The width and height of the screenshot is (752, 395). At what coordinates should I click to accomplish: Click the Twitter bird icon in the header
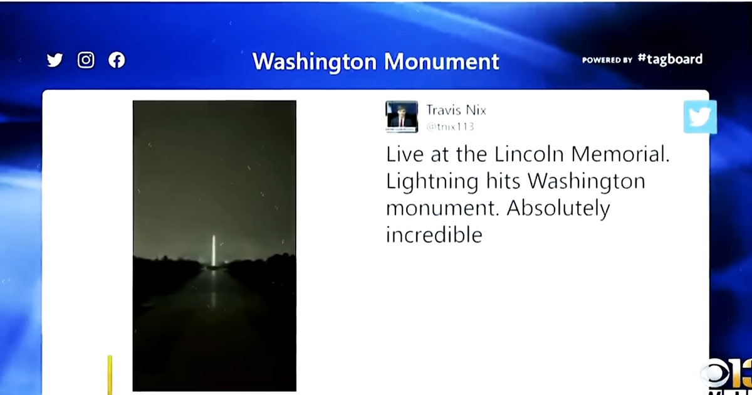coord(55,60)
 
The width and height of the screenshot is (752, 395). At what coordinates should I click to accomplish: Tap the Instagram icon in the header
coord(86,60)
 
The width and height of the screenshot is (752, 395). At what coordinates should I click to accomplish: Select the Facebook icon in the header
coord(117,60)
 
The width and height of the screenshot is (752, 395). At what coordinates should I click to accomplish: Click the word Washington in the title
coord(314,62)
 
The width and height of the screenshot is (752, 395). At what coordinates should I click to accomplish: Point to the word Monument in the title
coord(442,61)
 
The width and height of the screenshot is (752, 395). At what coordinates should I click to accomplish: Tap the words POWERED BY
coord(607,60)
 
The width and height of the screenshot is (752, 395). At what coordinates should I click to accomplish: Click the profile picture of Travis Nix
coord(402,117)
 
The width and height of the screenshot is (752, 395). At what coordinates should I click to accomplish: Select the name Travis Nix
coord(456,110)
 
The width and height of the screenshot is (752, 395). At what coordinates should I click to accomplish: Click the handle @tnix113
coord(450,127)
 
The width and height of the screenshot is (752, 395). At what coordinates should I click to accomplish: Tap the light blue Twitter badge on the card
coord(700,117)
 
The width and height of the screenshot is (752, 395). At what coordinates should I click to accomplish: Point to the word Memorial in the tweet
coord(620,154)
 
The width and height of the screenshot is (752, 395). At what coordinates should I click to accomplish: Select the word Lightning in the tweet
coord(432,182)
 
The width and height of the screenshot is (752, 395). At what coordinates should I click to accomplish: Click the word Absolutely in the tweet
coord(558,209)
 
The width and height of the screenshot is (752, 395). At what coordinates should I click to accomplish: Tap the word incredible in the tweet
coord(434,234)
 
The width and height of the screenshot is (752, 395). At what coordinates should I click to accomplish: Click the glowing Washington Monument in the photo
coord(214,251)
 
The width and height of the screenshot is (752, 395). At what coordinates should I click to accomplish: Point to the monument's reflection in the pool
coord(213,289)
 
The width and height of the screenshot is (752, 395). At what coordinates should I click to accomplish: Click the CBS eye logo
coord(716,374)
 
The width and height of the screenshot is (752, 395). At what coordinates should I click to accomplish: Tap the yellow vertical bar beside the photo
coord(110,375)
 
